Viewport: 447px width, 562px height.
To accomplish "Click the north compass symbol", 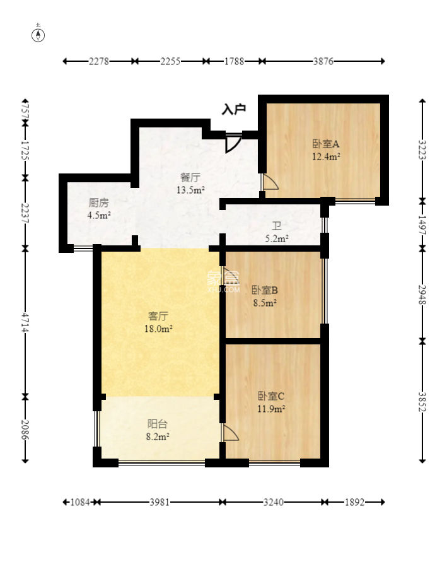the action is pos(38,35).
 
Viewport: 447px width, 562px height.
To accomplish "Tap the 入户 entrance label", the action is pos(233,108).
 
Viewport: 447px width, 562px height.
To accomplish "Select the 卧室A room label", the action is pos(326,144).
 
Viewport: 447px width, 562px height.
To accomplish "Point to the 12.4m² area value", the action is pos(326,156).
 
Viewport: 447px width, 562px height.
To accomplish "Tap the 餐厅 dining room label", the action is pos(190,177).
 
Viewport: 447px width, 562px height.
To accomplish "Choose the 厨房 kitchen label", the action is pos(98,203).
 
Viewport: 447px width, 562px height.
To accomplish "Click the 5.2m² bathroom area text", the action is pos(277,238).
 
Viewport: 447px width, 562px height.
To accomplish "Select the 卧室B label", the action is pos(265,290).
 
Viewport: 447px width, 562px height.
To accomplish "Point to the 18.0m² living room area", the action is pos(158,329).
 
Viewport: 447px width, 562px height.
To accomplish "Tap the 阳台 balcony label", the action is pos(158,424).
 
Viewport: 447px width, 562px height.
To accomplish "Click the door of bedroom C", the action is pos(231,433).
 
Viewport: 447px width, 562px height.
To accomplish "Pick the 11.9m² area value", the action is pos(271,409).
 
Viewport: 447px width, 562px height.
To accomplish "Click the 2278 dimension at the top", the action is pos(99,61).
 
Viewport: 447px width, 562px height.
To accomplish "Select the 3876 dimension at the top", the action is pos(323,61).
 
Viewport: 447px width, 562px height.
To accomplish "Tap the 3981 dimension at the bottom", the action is pos(160,502).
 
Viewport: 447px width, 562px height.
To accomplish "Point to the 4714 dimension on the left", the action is pos(25,322).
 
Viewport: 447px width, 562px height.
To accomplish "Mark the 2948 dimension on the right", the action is pos(422,295).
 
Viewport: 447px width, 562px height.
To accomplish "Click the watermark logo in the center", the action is pos(223,281).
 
